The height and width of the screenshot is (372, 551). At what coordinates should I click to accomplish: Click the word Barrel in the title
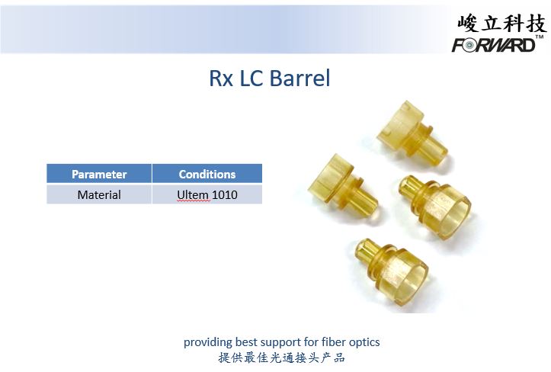pos(300,78)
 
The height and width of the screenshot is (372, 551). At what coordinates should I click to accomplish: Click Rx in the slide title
pos(221,78)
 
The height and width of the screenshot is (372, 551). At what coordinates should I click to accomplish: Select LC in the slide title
pos(251,78)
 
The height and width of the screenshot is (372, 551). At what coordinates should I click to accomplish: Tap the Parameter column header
pos(99,174)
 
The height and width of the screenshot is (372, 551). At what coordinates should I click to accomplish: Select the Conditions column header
pos(207,174)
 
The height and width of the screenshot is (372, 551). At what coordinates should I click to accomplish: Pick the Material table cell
pos(99,194)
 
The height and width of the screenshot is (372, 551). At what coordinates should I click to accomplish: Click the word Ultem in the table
pos(193,194)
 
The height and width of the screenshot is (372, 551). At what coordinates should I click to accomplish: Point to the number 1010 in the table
pos(225,194)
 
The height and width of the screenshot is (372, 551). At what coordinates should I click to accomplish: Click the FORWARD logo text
pos(493,45)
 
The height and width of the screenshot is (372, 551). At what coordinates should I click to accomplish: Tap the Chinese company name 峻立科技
pos(501,23)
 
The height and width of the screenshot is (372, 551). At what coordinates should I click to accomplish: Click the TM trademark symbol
pos(540,37)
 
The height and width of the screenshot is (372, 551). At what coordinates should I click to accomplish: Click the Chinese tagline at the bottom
pos(281,358)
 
